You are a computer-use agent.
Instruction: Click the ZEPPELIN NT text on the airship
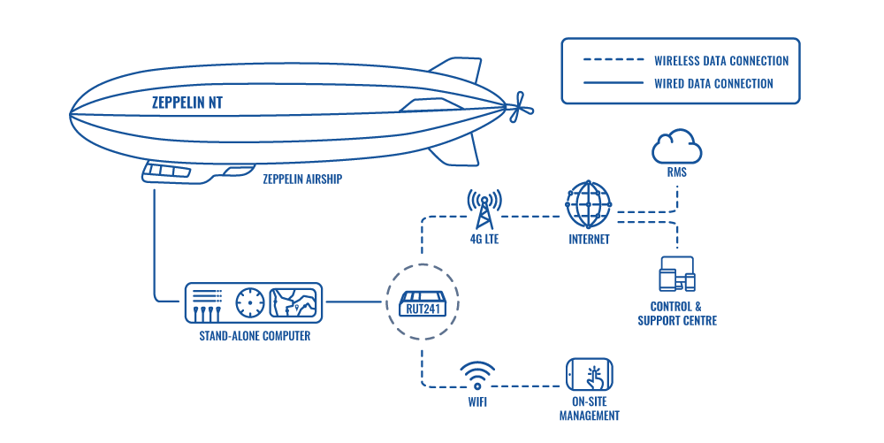187,103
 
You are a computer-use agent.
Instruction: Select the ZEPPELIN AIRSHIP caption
302,179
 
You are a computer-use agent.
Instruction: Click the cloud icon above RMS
676,146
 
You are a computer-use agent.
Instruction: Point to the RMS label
677,173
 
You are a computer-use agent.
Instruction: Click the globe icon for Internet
589,205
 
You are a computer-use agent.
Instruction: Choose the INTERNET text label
589,240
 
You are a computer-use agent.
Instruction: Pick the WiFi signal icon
477,374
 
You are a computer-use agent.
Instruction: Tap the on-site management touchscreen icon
590,376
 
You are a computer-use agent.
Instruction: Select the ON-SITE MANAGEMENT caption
590,409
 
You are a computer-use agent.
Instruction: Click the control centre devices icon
677,274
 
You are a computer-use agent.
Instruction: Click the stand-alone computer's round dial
250,302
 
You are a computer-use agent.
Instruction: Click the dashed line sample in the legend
613,61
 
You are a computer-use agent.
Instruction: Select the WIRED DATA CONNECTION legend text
713,84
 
